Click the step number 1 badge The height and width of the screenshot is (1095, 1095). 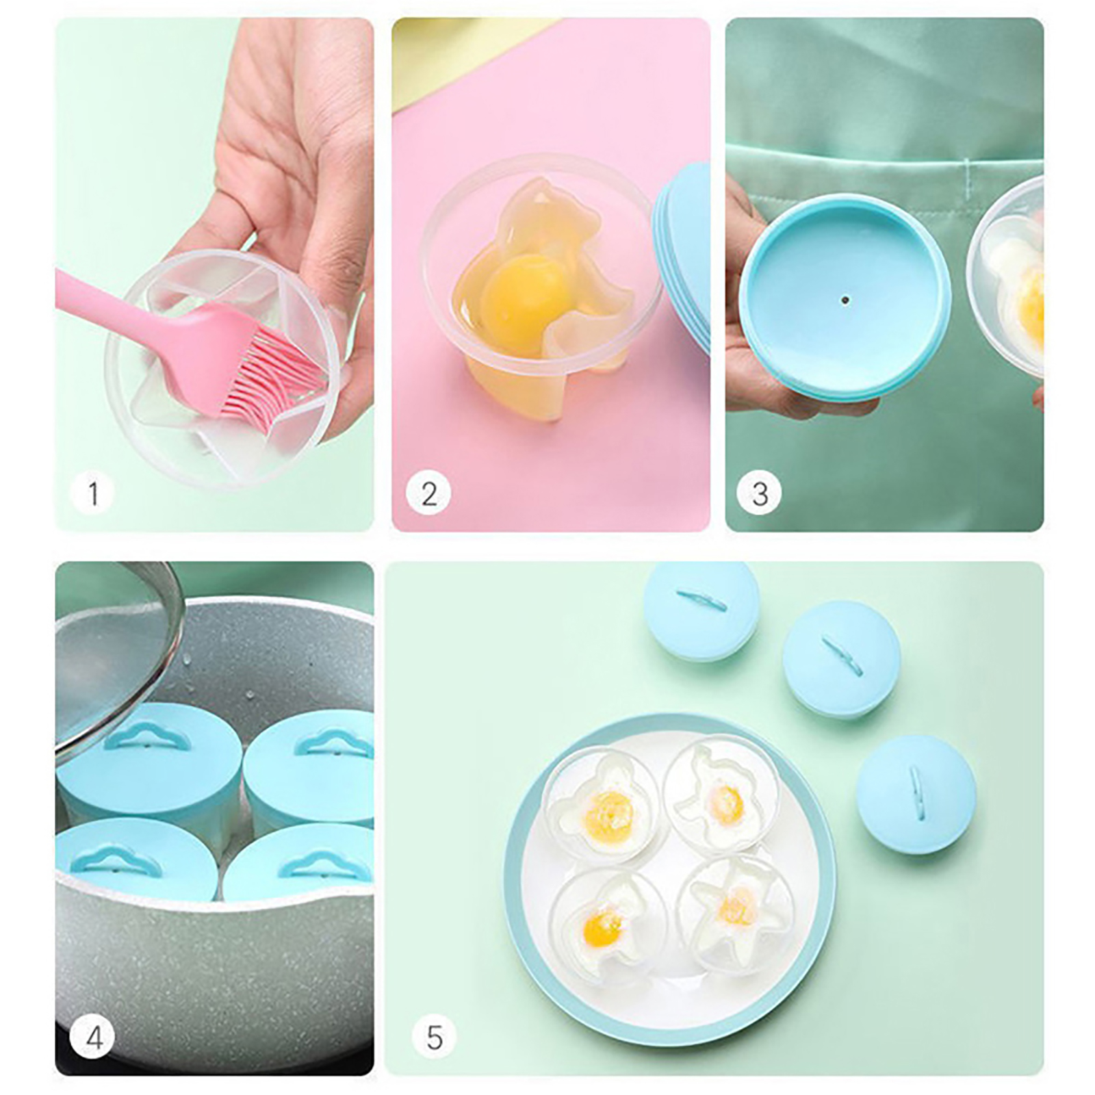(92, 493)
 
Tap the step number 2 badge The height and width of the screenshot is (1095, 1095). (428, 493)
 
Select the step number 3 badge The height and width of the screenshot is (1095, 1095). (759, 493)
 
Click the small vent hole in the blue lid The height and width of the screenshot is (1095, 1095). (845, 300)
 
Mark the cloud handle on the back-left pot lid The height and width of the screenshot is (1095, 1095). (147, 736)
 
